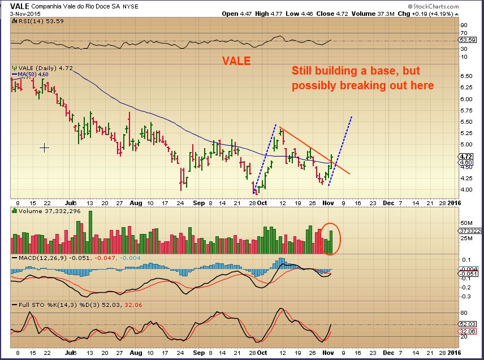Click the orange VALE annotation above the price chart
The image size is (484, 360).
[x=237, y=61]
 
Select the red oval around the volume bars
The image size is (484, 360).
[x=331, y=238]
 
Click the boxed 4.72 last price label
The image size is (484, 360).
[x=466, y=156]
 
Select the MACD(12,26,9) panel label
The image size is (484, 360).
[x=36, y=258]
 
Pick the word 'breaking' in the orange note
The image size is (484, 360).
[x=363, y=86]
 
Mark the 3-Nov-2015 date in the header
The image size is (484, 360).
[x=21, y=14]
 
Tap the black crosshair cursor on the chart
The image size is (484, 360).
[x=44, y=148]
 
